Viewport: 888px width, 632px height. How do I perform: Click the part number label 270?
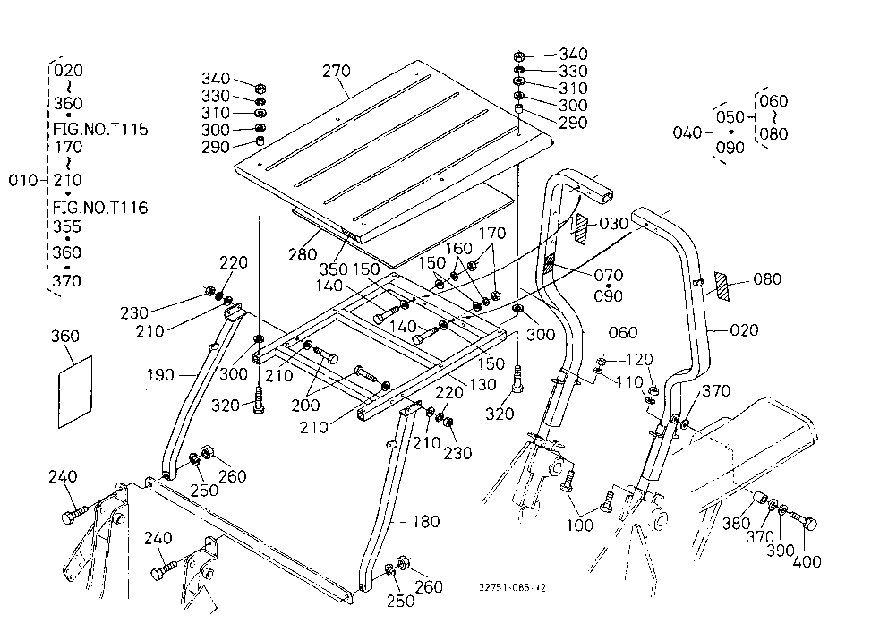tap(337, 72)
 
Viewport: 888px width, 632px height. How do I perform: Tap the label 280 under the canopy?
tap(303, 254)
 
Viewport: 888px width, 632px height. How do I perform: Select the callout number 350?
tap(334, 269)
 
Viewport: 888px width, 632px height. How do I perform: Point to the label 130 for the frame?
tap(482, 385)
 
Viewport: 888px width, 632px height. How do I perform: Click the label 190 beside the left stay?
tap(161, 375)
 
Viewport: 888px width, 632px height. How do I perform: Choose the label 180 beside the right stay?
tap(426, 521)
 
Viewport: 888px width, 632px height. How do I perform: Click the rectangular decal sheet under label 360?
tap(75, 392)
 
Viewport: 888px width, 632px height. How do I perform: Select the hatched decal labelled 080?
tap(721, 286)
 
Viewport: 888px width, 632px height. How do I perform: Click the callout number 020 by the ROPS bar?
tap(744, 330)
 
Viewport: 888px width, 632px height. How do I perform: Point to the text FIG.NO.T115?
tap(100, 129)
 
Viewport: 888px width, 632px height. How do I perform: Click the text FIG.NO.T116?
tap(100, 208)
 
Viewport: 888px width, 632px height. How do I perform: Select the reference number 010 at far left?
tap(23, 180)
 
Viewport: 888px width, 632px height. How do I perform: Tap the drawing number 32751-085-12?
tap(513, 588)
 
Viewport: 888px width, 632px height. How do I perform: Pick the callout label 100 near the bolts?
tap(580, 525)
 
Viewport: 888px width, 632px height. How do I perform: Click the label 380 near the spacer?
tap(736, 524)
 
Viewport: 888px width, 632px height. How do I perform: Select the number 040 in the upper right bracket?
tap(687, 133)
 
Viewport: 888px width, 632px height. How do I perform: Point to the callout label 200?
tap(306, 406)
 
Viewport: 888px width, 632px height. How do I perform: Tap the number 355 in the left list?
tap(67, 226)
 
